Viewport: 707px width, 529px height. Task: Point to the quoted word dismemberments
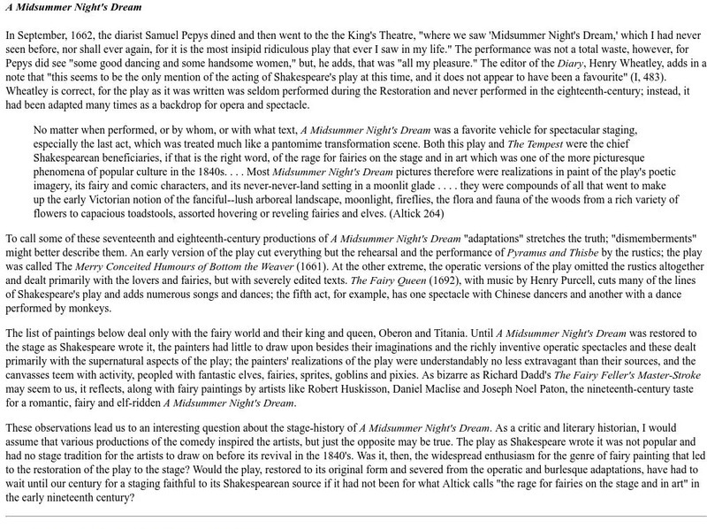point(622,239)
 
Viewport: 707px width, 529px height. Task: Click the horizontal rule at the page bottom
point(353,516)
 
